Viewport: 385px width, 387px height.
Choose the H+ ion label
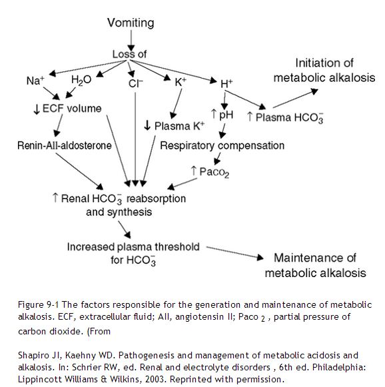[x=226, y=84]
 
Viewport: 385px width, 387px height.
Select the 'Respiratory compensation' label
[x=222, y=145]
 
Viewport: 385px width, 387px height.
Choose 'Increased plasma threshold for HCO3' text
[x=133, y=253]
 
